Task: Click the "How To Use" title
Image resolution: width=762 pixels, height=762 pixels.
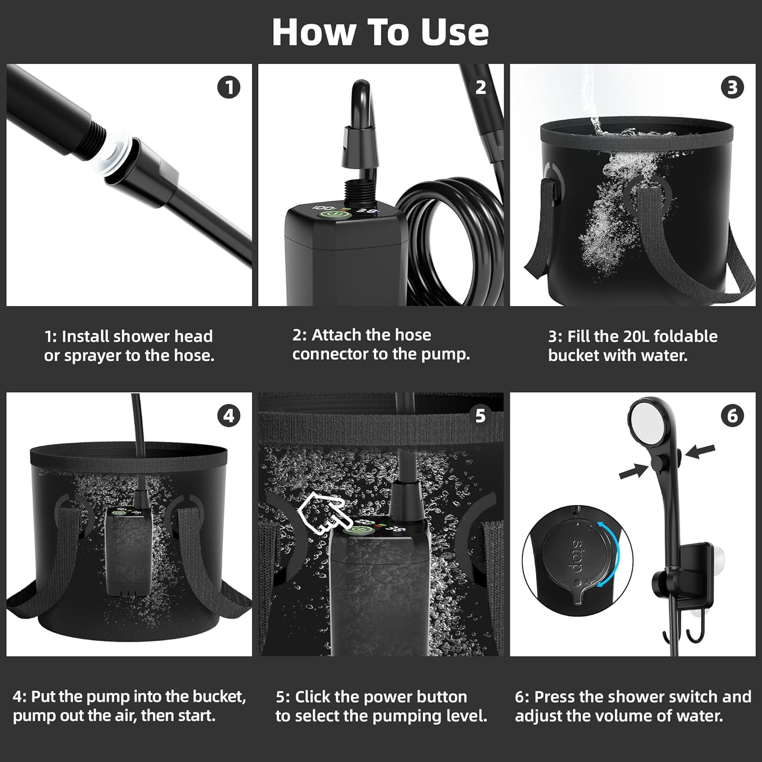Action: coord(380,32)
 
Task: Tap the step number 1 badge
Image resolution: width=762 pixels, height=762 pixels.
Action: coord(229,87)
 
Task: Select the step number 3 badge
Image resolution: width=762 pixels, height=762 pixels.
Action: coord(732,87)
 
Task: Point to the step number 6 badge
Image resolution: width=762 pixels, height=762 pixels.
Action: coord(732,416)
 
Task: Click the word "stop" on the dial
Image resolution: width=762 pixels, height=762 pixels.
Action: coord(577,556)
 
